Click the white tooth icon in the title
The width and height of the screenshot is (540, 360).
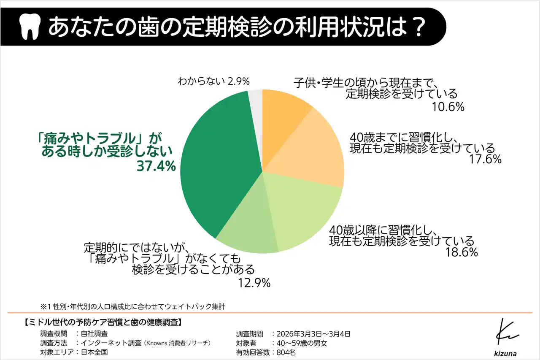click(x=30, y=27)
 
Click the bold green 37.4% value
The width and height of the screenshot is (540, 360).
click(x=156, y=166)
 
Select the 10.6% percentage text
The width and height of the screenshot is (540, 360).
click(x=448, y=107)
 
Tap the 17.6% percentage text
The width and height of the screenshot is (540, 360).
click(x=485, y=159)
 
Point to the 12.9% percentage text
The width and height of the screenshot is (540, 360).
click(x=254, y=282)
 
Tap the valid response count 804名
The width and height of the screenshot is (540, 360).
click(x=285, y=352)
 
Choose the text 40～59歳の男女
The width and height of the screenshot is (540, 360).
click(x=300, y=343)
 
